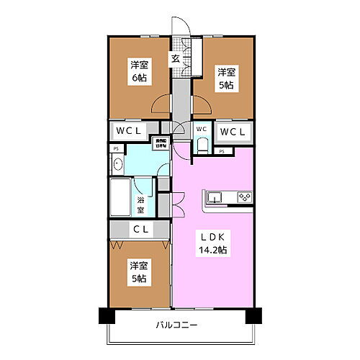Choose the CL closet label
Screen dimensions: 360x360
click(140, 230)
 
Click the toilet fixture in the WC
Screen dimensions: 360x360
click(202, 145)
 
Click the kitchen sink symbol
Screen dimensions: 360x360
click(216, 197)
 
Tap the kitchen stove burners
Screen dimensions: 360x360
click(243, 197)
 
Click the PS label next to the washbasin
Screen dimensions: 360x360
click(115, 148)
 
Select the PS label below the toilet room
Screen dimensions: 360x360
click(222, 151)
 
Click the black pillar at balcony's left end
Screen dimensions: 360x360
click(104, 315)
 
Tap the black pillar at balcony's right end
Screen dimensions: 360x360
click(251, 315)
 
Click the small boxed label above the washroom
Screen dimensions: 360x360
click(160, 143)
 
